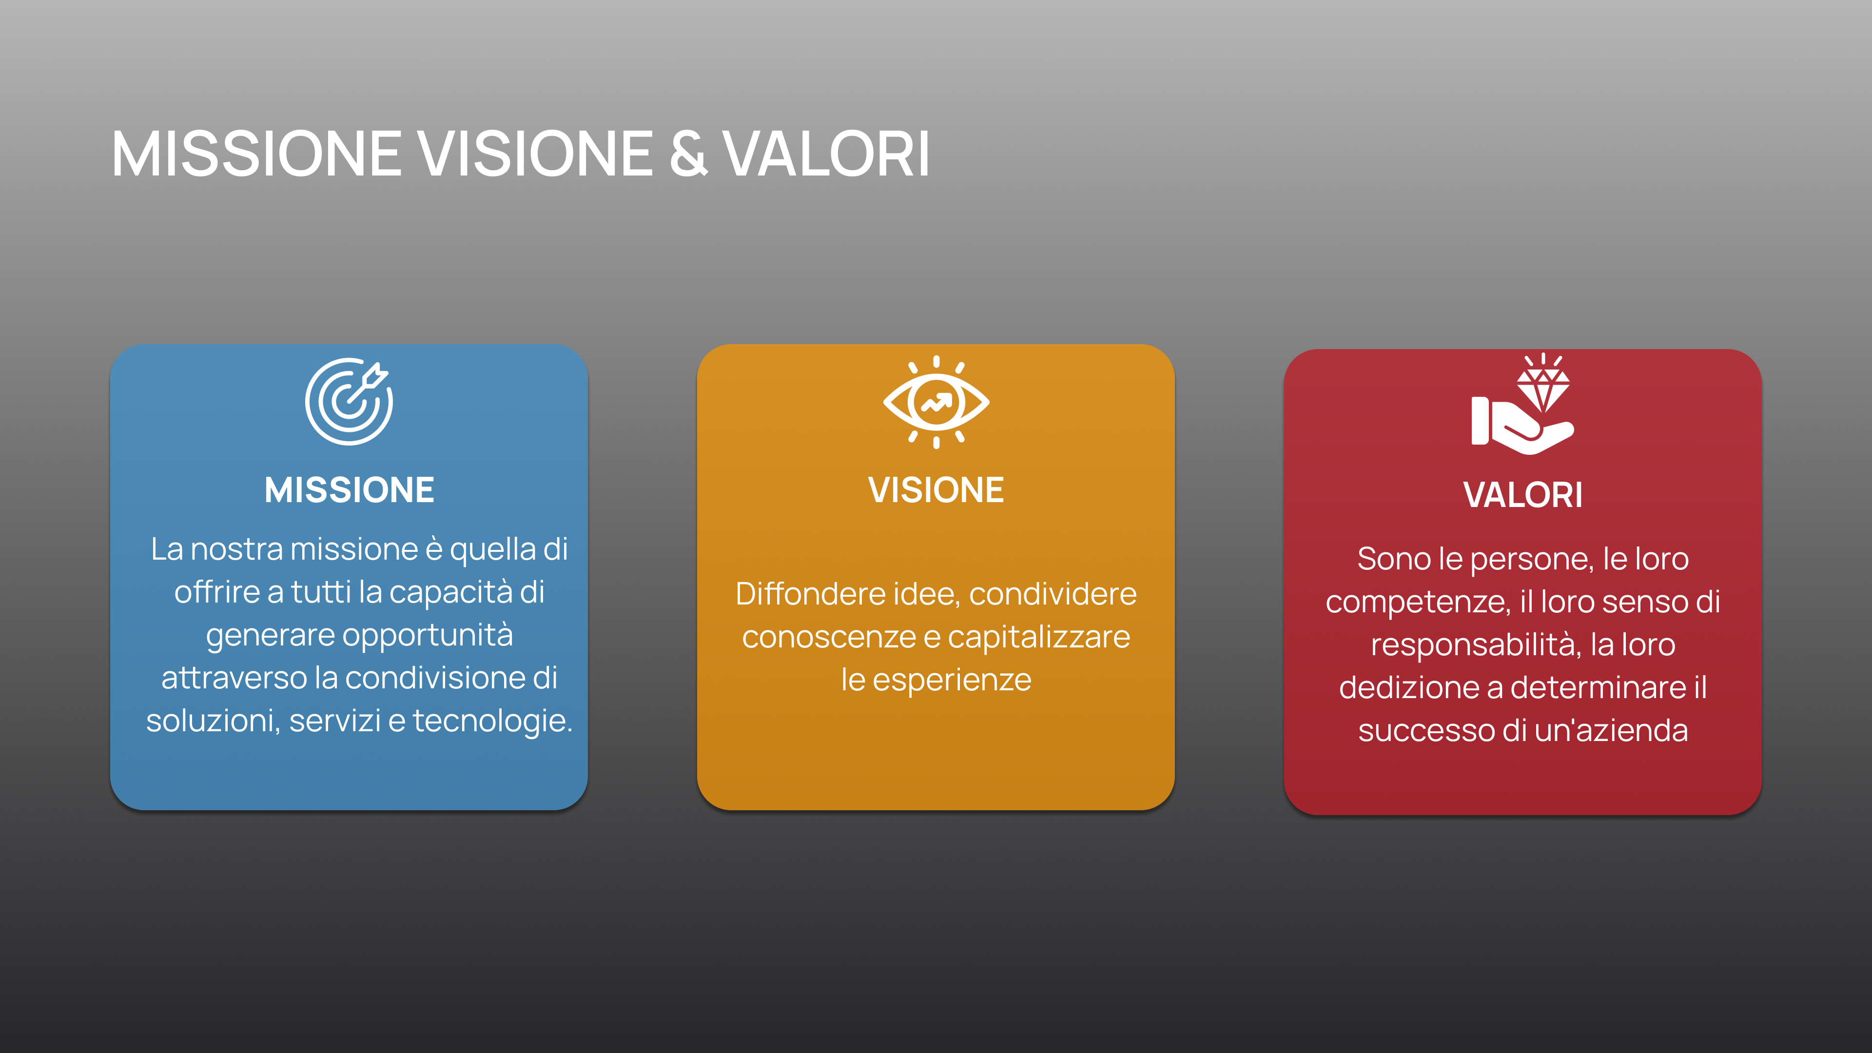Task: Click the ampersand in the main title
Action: coord(687,154)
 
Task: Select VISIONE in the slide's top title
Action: coord(534,154)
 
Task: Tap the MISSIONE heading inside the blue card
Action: coord(349,490)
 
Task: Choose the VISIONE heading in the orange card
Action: coord(936,490)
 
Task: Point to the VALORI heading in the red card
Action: coord(1523,495)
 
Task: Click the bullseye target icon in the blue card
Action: coord(349,401)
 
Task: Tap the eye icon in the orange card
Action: coord(936,403)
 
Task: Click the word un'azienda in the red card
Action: coord(1611,730)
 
